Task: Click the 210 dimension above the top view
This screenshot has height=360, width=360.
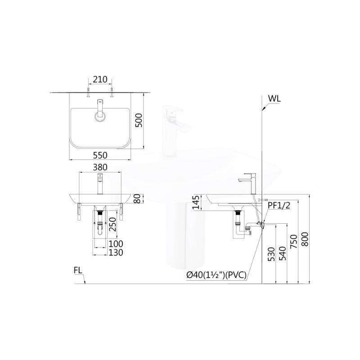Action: click(100, 80)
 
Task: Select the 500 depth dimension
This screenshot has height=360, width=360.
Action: click(139, 120)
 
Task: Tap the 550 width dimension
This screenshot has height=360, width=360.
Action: click(100, 155)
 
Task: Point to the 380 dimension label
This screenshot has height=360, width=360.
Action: click(100, 167)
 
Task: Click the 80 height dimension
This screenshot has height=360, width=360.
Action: click(137, 198)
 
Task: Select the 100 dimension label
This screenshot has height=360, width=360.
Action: click(116, 243)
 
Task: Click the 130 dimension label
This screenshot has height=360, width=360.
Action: click(116, 252)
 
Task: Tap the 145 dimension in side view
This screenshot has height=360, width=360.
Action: click(196, 202)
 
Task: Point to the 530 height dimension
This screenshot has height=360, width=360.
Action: click(271, 254)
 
